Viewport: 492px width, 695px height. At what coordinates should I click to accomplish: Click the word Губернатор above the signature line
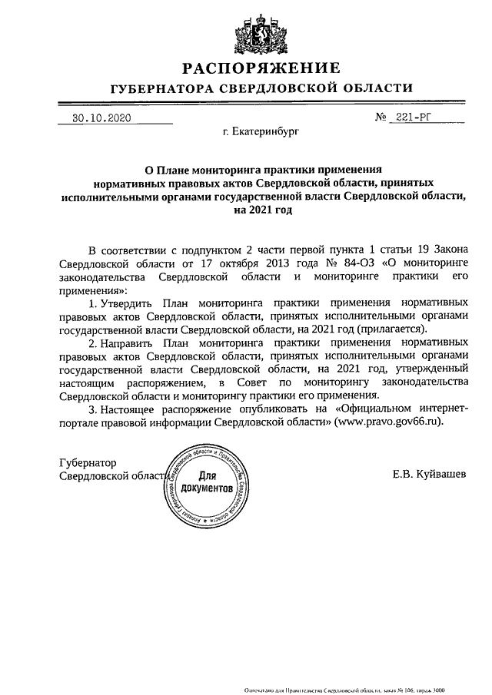tap(87, 463)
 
